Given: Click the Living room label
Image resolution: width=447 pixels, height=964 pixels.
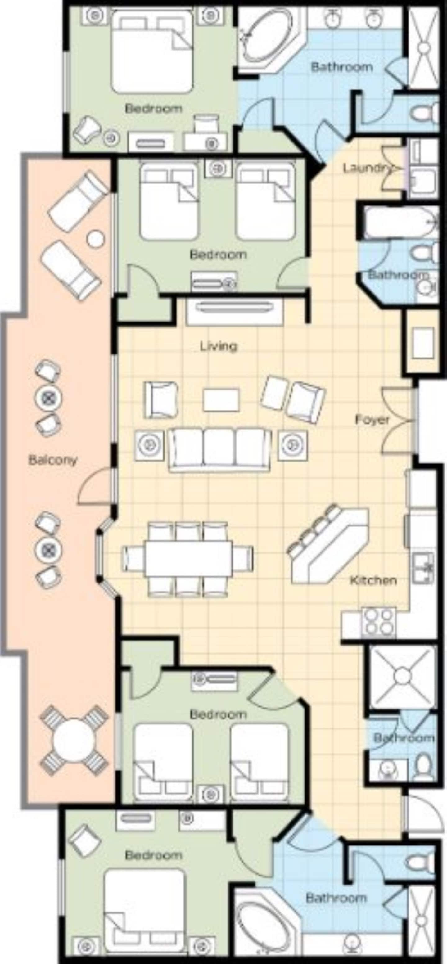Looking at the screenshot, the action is click(219, 346).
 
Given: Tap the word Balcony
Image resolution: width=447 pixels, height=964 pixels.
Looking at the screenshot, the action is click(53, 460).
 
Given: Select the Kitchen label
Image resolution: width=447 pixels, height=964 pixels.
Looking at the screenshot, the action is click(373, 580).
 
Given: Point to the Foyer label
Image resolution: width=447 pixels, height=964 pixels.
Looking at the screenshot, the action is click(372, 420).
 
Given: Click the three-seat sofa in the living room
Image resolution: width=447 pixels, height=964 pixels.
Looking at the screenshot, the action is click(220, 449).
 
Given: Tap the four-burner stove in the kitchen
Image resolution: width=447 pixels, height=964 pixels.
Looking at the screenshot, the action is click(378, 622).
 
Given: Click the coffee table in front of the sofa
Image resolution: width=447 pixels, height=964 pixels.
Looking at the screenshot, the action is click(221, 400).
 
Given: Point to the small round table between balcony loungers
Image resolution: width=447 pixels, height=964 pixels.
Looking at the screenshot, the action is click(96, 238).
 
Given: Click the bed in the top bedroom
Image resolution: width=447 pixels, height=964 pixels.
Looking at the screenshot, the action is click(151, 52).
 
